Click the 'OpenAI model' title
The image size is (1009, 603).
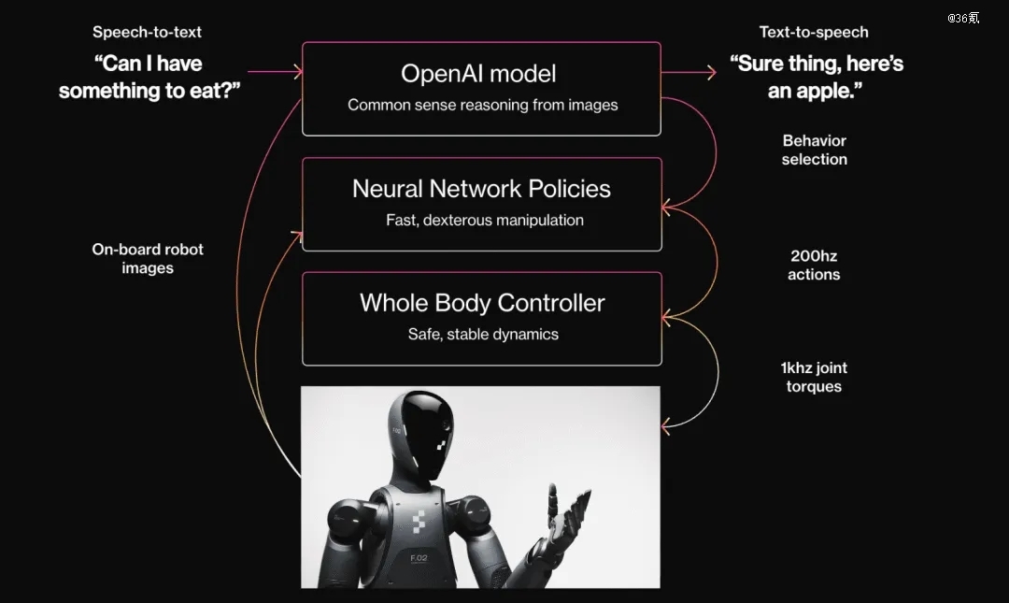point(478,74)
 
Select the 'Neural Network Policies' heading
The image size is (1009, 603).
point(481,189)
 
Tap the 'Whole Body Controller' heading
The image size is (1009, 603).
point(482,303)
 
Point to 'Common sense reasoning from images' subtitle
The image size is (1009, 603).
point(483,105)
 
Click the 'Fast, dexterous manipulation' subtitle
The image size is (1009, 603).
point(485,221)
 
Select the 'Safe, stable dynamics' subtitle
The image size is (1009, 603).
point(483,335)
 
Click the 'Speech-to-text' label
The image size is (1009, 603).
point(147,32)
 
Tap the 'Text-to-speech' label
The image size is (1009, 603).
point(814,32)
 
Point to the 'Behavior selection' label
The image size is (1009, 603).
point(815,151)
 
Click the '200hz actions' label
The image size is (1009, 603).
point(814,266)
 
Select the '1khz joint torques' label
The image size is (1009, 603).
point(814,377)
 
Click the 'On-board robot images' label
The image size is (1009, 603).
point(148,258)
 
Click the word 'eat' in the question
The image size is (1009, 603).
point(204,91)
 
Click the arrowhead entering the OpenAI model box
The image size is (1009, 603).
point(298,71)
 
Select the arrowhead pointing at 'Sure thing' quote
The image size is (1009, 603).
point(712,72)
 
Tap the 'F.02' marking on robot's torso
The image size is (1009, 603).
point(419,558)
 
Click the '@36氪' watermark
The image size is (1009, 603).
point(963,18)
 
